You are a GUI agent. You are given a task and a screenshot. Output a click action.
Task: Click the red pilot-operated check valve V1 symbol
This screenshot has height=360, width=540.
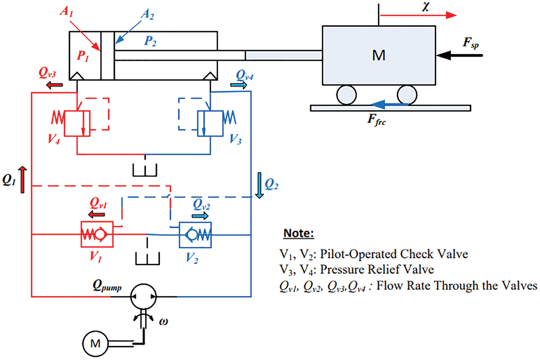[96, 234]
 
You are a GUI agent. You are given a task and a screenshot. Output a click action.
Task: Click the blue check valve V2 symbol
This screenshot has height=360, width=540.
[194, 235]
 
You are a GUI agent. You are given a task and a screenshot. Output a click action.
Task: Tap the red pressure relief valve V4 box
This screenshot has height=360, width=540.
[77, 123]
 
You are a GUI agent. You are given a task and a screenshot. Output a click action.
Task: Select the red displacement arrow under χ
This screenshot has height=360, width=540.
[418, 15]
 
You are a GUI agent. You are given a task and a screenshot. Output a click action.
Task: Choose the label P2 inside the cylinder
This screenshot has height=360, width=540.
[150, 41]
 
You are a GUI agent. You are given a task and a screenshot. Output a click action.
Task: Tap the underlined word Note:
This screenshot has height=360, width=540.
[299, 234]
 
